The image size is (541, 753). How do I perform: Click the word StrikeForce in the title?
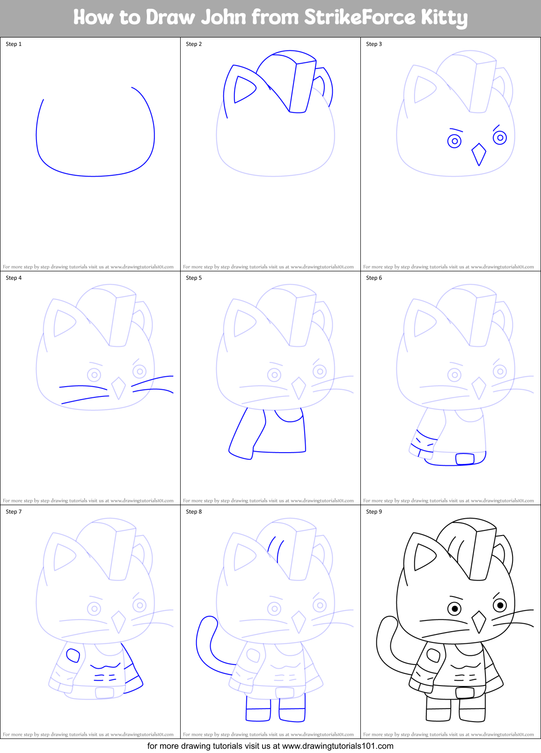(x=359, y=17)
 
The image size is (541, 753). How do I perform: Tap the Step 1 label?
(x=14, y=44)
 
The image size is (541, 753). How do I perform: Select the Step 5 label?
(x=194, y=278)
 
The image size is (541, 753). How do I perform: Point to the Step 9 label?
(x=374, y=512)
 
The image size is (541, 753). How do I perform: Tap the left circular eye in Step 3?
(x=454, y=141)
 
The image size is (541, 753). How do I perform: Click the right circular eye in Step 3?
(x=500, y=138)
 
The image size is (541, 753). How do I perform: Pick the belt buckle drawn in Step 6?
(x=465, y=459)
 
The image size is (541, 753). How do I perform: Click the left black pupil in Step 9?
(x=454, y=609)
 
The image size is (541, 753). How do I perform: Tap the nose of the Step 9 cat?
(x=479, y=622)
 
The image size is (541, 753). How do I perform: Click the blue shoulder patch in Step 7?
(x=73, y=655)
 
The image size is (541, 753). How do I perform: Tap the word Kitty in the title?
(x=444, y=17)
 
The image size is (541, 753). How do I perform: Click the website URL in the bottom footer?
(x=337, y=746)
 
